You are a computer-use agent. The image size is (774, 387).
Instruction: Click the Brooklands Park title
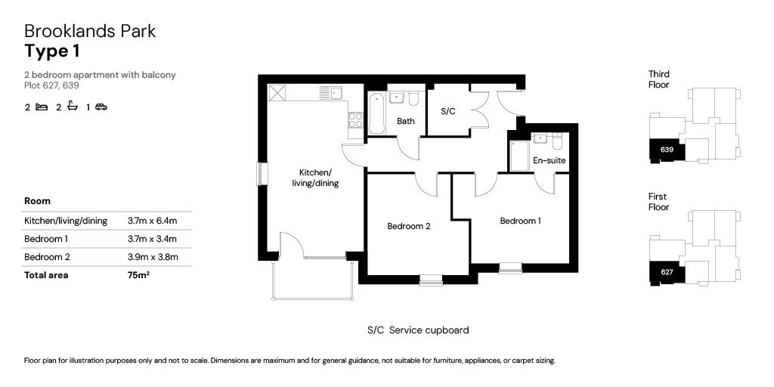click(90, 32)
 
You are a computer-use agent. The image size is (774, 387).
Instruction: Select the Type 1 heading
click(51, 51)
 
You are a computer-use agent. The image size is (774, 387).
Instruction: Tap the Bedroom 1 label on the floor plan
click(520, 221)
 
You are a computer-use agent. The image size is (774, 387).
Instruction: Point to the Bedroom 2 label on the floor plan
click(408, 226)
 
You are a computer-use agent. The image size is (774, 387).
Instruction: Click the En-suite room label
click(549, 160)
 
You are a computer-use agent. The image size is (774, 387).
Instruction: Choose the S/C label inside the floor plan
click(448, 111)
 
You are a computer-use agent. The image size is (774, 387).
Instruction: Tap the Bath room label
click(406, 121)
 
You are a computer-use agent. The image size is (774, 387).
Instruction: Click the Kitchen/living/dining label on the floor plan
click(315, 178)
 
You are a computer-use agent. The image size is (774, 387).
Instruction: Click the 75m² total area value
click(138, 275)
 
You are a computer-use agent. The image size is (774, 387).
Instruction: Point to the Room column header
click(37, 201)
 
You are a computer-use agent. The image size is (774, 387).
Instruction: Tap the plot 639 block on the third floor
click(667, 150)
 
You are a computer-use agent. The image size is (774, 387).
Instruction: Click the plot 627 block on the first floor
click(666, 273)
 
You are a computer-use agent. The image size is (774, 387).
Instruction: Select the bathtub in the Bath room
click(376, 113)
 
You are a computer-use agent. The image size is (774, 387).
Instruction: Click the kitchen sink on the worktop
click(331, 93)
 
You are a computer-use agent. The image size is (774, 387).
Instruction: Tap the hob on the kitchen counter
click(355, 119)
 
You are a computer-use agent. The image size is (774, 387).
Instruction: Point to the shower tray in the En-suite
click(519, 156)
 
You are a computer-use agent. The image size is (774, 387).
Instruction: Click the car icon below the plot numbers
click(101, 107)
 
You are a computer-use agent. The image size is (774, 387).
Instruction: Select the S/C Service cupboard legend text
click(418, 330)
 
